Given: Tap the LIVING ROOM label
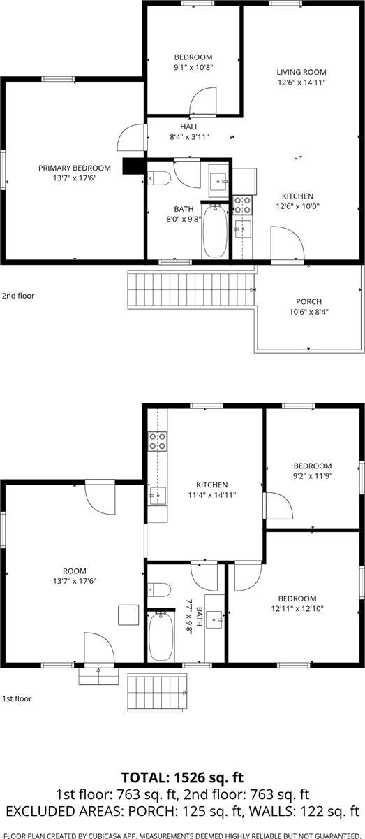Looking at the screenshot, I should point(301,72).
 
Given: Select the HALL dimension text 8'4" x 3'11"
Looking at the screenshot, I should point(189,137).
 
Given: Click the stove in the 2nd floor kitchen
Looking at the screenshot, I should point(242,204).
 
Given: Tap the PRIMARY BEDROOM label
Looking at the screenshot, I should point(75,168).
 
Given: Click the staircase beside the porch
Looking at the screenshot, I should point(190,290).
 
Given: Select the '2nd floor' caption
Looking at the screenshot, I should point(18,296).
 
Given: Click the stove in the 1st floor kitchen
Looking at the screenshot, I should point(158,440).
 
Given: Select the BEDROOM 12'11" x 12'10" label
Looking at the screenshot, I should point(297,598).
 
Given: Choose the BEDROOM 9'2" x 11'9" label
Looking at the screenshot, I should point(312,466).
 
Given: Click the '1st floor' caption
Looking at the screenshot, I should point(17,698).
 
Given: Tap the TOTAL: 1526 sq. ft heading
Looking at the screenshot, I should point(182,777).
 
